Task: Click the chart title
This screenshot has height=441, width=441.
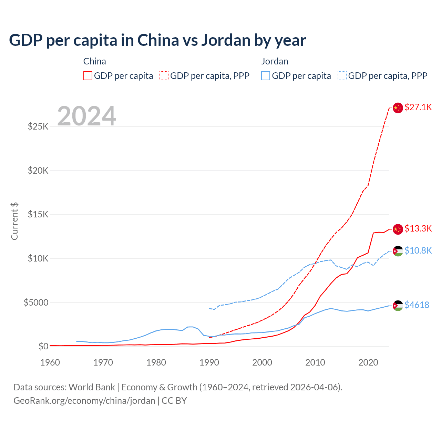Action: [157, 40]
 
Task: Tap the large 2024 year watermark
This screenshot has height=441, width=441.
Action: [86, 116]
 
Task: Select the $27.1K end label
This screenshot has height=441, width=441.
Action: [418, 107]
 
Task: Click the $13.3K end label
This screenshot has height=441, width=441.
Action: [418, 228]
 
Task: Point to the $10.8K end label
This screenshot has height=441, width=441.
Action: [418, 250]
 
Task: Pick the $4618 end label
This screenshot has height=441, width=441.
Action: [417, 305]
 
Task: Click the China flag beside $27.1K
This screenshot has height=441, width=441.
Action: [398, 108]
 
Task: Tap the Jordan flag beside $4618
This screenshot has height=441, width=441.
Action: [398, 306]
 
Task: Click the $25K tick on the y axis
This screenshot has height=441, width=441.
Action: [38, 126]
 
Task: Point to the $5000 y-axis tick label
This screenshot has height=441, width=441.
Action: [36, 302]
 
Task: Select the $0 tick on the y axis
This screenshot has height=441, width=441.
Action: [43, 346]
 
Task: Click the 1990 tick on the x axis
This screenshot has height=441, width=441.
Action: [209, 362]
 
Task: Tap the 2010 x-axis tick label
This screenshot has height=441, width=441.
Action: [315, 362]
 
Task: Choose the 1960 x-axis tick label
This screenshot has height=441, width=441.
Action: [50, 362]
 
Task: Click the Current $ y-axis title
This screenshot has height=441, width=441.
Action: [14, 221]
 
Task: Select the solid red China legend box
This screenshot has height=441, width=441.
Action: [88, 76]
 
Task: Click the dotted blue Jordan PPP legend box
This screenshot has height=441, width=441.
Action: [342, 76]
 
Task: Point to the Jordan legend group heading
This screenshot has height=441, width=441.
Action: [275, 61]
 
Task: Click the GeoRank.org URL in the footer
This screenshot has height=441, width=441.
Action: [84, 401]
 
